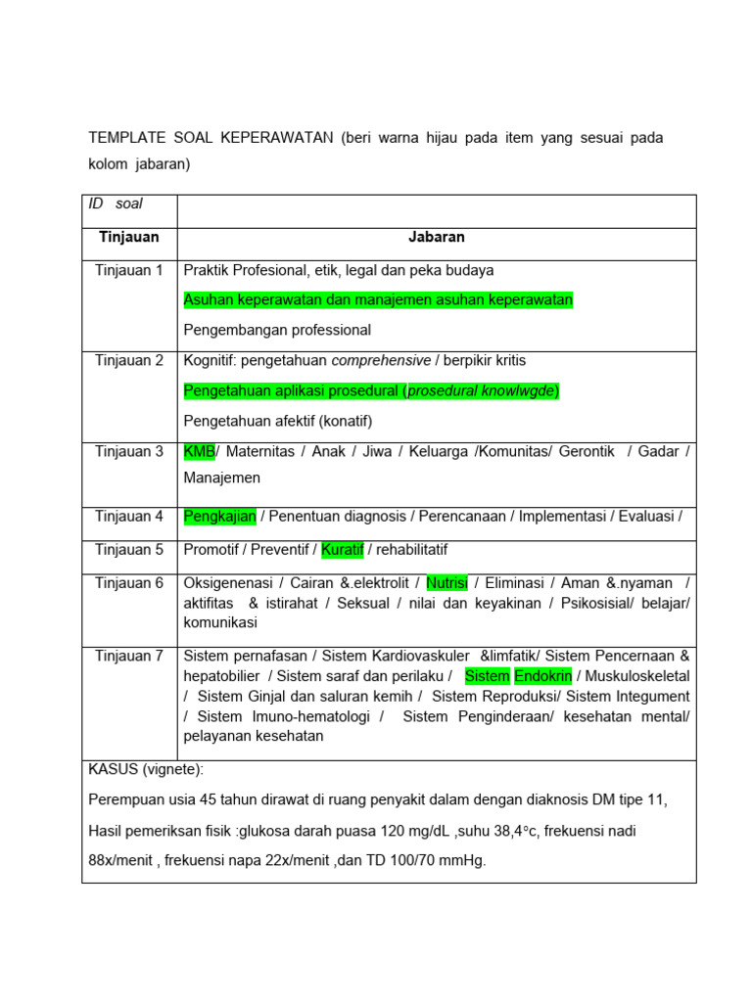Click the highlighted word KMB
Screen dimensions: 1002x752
tap(199, 451)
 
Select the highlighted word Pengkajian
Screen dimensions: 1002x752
tap(219, 516)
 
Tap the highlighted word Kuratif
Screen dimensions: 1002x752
tap(343, 550)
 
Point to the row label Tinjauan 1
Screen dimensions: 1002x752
tap(129, 270)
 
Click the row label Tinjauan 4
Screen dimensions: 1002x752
tap(129, 516)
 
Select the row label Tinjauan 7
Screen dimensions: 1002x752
tap(129, 656)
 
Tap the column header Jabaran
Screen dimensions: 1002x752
tap(437, 237)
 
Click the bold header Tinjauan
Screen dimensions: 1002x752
tap(129, 237)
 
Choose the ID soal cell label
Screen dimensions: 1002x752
tap(116, 204)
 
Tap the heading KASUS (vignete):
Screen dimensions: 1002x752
tap(146, 770)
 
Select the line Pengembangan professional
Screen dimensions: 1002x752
tap(277, 330)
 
